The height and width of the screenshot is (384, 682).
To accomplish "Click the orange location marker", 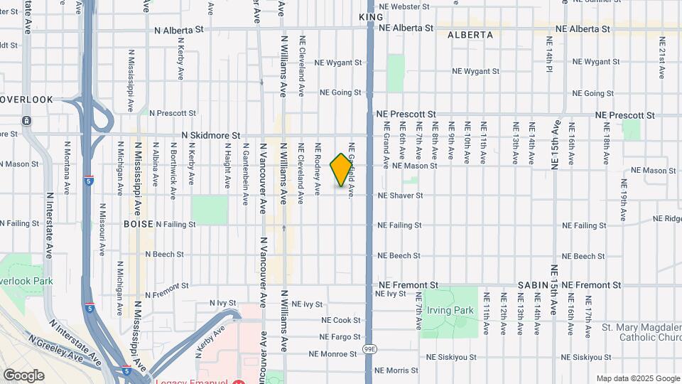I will (342, 170).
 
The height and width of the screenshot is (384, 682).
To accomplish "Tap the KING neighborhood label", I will (371, 17).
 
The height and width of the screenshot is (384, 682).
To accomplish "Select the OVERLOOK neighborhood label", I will (26, 100).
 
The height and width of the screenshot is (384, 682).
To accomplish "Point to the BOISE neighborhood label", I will (138, 223).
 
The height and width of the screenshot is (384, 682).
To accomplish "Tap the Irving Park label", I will (450, 310).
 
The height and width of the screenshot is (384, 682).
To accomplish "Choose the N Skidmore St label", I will (211, 134).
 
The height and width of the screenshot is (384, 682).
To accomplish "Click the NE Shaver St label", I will (400, 195).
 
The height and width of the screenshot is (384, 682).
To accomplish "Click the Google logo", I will (23, 375).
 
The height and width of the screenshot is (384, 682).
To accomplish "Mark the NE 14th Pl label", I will (549, 60).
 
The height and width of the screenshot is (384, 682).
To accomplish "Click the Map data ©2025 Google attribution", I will (637, 378).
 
